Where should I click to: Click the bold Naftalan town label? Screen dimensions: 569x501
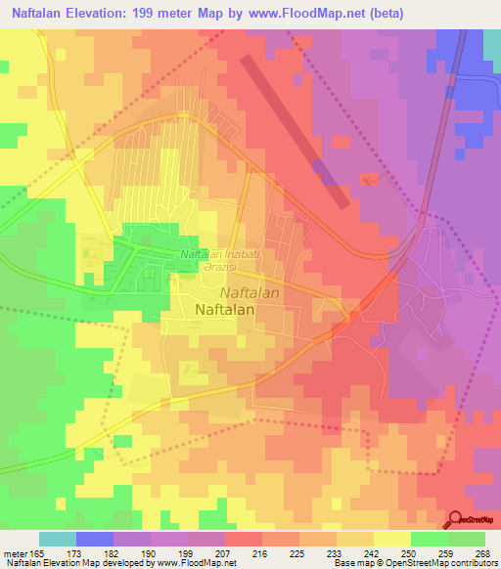pyautogui.click(x=225, y=310)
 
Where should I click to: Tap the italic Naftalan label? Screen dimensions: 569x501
pyautogui.click(x=250, y=292)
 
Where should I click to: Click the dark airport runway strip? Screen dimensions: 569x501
pyautogui.click(x=295, y=130)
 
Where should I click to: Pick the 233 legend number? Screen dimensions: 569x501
pyautogui.click(x=335, y=553)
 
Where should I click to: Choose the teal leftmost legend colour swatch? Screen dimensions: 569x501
pyautogui.click(x=58, y=539)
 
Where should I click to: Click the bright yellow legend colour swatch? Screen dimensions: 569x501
pyautogui.click(x=391, y=539)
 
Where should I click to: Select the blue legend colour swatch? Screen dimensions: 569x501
pyautogui.click(x=95, y=539)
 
